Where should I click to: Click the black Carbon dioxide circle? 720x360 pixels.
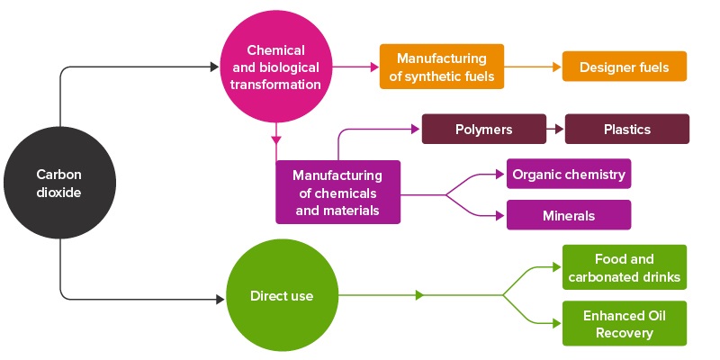click(58, 183)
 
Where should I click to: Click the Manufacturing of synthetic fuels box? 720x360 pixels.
click(441, 67)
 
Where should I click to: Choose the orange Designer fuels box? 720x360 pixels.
click(625, 67)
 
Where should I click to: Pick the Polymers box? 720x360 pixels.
click(484, 130)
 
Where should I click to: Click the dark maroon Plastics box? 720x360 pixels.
click(627, 130)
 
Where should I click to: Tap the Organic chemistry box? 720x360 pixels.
click(569, 175)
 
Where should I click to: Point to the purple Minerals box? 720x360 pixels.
click(569, 216)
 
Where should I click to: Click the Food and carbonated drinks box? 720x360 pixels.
click(625, 267)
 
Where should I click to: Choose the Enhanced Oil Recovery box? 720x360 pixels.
click(625, 323)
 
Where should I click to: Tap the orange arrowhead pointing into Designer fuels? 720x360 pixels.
click(554, 67)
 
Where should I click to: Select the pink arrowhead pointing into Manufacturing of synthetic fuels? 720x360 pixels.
click(373, 67)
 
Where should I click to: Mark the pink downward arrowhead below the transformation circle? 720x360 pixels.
click(276, 139)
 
